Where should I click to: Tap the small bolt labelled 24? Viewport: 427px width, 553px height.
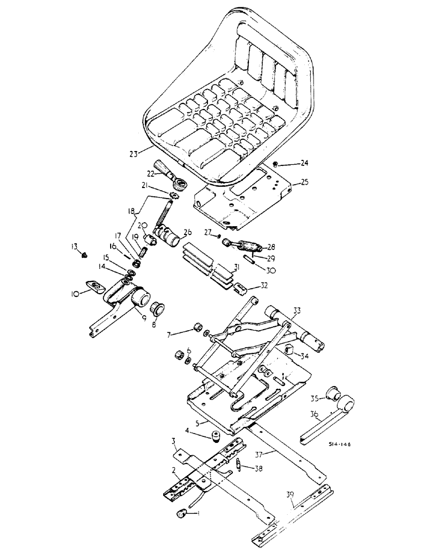point(276,164)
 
